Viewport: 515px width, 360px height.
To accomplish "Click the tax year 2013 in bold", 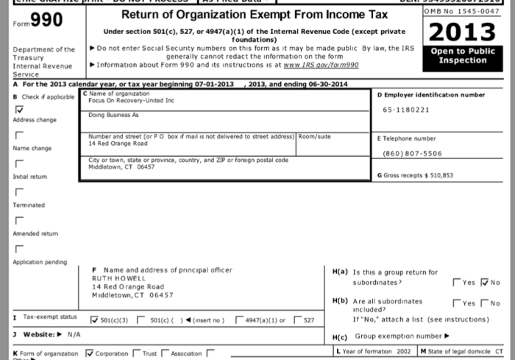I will coord(462,32).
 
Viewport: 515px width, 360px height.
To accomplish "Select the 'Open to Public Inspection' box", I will coord(462,55).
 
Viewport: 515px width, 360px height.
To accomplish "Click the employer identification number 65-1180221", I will coord(406,110).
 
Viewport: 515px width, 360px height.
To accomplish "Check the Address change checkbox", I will coord(18,108).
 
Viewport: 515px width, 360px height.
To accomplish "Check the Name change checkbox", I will coord(18,135).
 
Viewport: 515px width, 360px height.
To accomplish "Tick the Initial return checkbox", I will coord(18,163).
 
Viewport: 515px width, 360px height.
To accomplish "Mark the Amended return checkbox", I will coord(18,219).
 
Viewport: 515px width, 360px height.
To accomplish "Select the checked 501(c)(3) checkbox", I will coord(93,320).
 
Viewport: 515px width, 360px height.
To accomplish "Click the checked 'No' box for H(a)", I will coord(484,283).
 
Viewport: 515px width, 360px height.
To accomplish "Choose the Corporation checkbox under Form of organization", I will coord(90,353).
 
